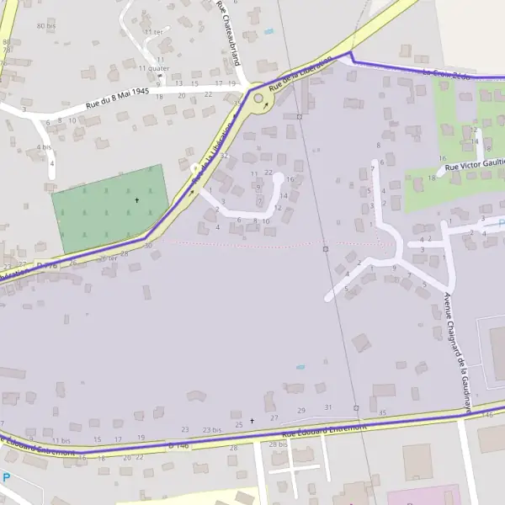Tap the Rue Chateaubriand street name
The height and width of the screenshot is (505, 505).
click(229, 33)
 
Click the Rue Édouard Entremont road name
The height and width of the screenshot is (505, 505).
click(326, 430)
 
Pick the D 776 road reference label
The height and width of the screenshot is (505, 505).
click(48, 266)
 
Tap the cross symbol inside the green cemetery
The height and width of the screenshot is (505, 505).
click(137, 200)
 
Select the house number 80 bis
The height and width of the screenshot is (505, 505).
click(46, 26)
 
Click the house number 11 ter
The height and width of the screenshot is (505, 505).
click(153, 32)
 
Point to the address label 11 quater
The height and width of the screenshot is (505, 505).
click(153, 68)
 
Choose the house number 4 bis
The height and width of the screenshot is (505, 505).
click(44, 147)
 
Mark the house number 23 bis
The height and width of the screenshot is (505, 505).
click(211, 430)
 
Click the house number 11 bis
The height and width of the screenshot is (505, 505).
click(61, 441)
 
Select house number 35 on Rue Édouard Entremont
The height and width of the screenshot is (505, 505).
click(382, 413)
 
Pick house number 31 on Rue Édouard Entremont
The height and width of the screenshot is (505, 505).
click(328, 408)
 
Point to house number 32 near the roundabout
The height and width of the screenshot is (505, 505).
click(224, 157)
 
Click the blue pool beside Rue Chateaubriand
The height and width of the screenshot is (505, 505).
click(268, 31)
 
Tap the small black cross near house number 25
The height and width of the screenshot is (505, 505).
click(252, 420)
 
